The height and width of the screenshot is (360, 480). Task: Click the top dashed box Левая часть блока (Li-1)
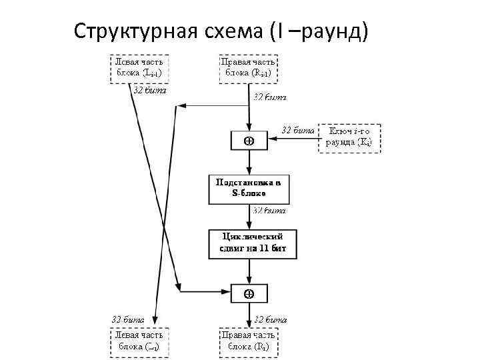(139, 67)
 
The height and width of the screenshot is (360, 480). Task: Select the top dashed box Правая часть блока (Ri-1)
(249, 67)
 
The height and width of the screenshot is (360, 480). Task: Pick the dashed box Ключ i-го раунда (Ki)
(350, 138)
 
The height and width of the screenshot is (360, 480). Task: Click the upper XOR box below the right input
(249, 141)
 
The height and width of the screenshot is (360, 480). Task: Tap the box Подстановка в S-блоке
(249, 189)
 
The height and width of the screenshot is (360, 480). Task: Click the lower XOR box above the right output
(249, 293)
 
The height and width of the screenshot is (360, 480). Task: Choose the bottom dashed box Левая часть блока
(139, 341)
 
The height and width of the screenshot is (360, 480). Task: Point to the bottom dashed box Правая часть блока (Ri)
(249, 341)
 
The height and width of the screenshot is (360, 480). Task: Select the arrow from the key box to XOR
(293, 140)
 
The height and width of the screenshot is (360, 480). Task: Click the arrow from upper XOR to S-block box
(249, 162)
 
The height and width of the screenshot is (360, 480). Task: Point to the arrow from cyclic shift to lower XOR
(249, 271)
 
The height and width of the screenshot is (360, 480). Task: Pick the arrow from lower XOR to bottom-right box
(249, 314)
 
